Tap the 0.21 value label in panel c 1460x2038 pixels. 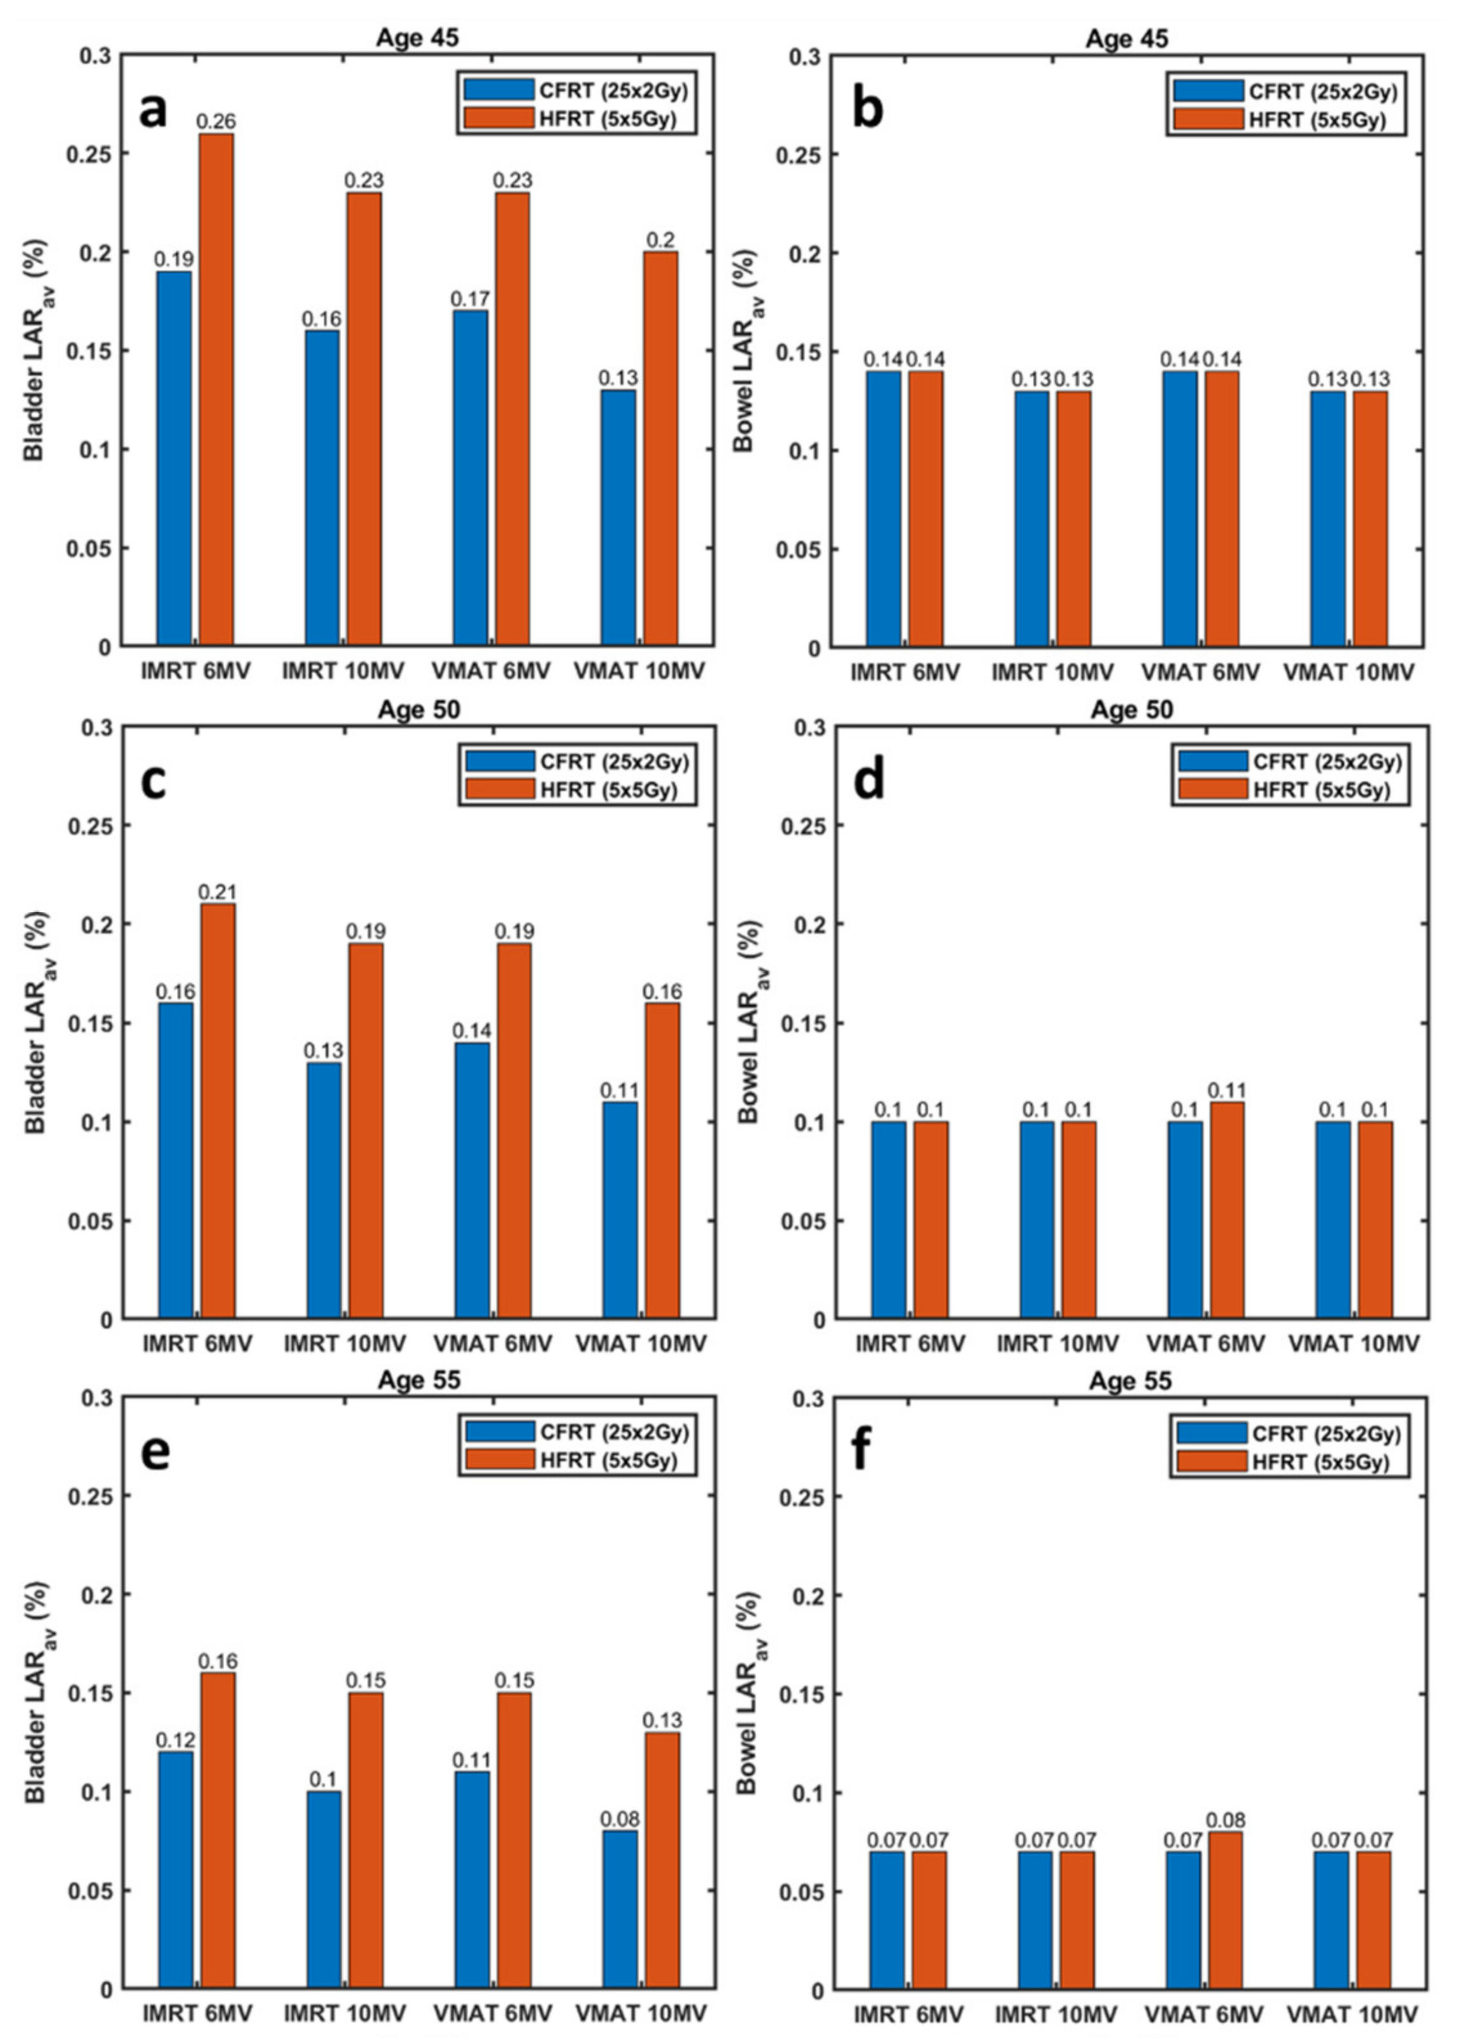pyautogui.click(x=217, y=892)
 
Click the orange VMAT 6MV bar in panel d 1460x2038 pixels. pyautogui.click(x=1226, y=1210)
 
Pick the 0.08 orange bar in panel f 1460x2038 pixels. pyautogui.click(x=1225, y=1908)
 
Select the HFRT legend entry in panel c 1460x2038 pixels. pyautogui.click(x=578, y=790)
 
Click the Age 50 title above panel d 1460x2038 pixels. pyautogui.click(x=1130, y=710)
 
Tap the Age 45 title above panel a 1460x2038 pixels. pyautogui.click(x=417, y=39)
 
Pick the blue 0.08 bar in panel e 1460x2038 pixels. pyautogui.click(x=620, y=1908)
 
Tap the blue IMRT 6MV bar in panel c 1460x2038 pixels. pyautogui.click(x=175, y=1161)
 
